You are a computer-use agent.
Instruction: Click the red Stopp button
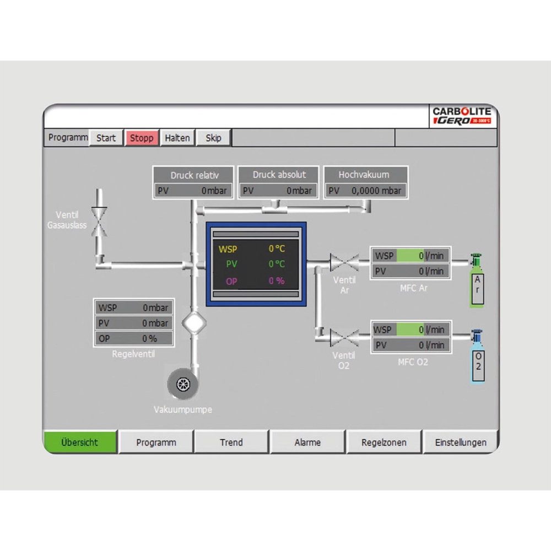pyautogui.click(x=142, y=138)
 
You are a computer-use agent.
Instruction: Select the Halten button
pyautogui.click(x=177, y=138)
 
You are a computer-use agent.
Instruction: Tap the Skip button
pyautogui.click(x=213, y=138)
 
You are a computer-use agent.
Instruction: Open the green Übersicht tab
pyautogui.click(x=80, y=442)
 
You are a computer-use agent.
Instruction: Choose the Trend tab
pyautogui.click(x=231, y=442)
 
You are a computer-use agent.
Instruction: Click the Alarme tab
pyautogui.click(x=307, y=442)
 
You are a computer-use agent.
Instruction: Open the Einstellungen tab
pyautogui.click(x=461, y=442)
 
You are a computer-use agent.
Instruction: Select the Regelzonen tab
pyautogui.click(x=384, y=442)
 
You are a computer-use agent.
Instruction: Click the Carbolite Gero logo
pyautogui.click(x=462, y=116)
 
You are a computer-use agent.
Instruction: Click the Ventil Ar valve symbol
pyautogui.click(x=344, y=262)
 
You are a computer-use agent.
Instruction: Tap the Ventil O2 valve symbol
pyautogui.click(x=344, y=337)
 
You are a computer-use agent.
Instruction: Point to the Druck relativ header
pyautogui.click(x=194, y=175)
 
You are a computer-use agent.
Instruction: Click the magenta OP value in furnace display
pyautogui.click(x=277, y=281)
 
